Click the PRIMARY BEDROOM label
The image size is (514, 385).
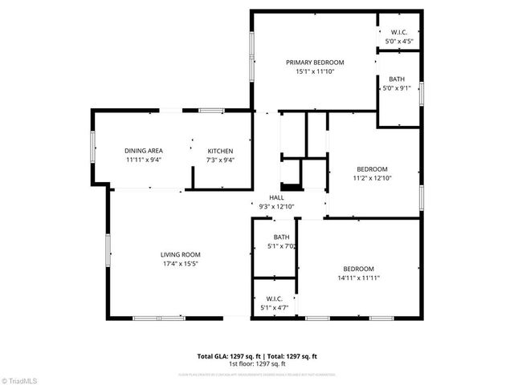[315, 63]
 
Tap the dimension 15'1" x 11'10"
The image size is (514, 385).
[315, 71]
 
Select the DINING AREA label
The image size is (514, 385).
[144, 151]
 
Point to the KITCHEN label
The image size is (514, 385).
[221, 151]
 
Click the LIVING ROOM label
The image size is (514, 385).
[179, 254]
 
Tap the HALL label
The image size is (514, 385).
[276, 197]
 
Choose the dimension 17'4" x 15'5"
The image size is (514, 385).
[179, 263]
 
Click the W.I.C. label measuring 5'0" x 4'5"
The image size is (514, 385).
[399, 32]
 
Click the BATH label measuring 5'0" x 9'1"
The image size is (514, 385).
[397, 79]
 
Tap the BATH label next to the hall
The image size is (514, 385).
[281, 237]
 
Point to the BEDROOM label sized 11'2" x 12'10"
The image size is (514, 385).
[372, 169]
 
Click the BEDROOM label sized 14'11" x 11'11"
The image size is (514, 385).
[359, 269]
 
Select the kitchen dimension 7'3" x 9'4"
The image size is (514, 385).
[221, 160]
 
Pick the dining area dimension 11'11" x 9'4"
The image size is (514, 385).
[144, 160]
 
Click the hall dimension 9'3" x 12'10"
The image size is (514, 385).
[276, 206]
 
